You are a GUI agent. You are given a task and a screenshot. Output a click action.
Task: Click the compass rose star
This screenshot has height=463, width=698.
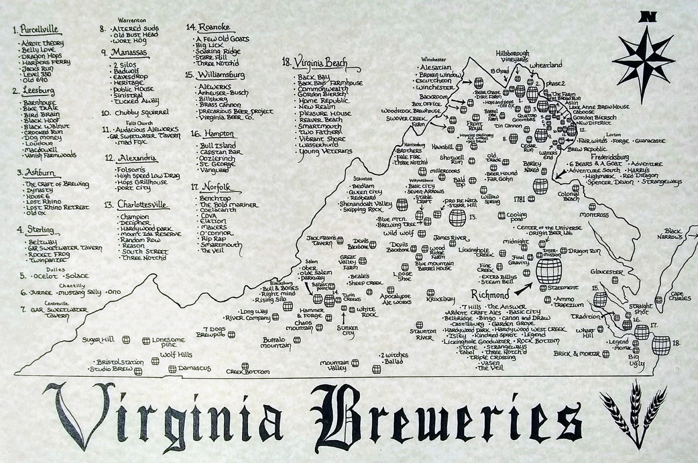tap(644, 59)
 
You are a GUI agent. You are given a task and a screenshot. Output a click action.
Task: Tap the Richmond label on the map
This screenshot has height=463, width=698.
tap(490, 294)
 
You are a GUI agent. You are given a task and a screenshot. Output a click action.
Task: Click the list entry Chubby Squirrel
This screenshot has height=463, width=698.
tap(135, 113)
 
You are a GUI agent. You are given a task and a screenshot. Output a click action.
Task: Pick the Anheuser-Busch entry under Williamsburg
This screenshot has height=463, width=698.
tap(223, 93)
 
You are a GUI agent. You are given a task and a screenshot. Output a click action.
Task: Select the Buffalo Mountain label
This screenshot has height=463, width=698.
tap(276, 343)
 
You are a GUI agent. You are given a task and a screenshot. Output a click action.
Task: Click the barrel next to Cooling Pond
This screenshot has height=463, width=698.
tap(502, 215)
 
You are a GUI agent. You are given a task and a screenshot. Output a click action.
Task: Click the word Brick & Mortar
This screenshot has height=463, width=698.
tap(577, 353)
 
